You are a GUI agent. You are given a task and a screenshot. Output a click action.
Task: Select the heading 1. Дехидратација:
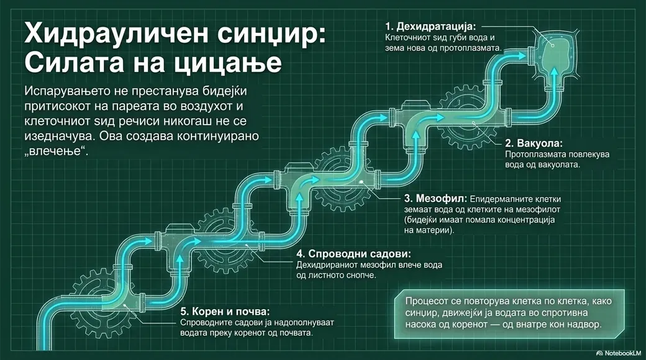430,27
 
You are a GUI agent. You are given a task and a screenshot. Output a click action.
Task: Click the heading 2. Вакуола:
534,143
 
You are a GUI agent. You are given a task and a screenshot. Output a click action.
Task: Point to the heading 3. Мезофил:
435,199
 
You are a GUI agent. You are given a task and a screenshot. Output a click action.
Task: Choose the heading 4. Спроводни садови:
353,253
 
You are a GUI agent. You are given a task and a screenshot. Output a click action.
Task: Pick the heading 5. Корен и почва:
225,311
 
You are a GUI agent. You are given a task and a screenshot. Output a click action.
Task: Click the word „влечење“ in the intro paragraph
57,151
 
